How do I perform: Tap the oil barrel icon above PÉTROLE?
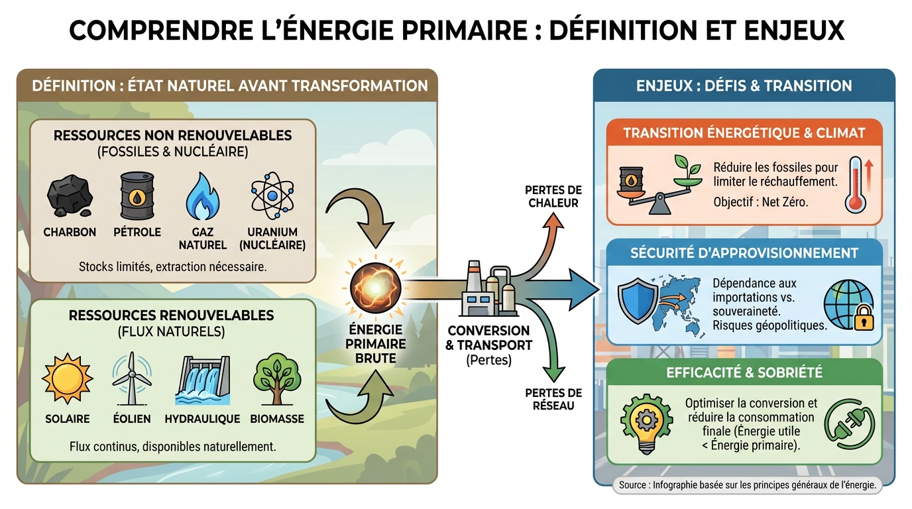click(x=137, y=195)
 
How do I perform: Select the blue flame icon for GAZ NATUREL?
click(x=202, y=196)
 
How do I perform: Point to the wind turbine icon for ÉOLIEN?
click(x=131, y=379)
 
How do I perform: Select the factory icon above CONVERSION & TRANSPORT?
click(x=488, y=289)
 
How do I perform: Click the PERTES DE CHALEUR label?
click(x=553, y=196)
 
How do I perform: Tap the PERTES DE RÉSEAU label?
click(x=553, y=399)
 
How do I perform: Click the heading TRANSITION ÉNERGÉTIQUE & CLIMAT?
click(x=744, y=133)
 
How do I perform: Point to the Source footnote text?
click(x=748, y=485)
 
